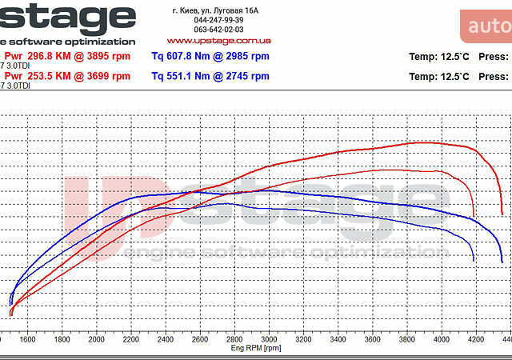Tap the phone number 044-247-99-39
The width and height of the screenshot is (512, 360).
[218, 20]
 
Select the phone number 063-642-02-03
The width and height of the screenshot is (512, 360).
[218, 30]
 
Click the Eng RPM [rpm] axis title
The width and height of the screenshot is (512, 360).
[255, 348]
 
